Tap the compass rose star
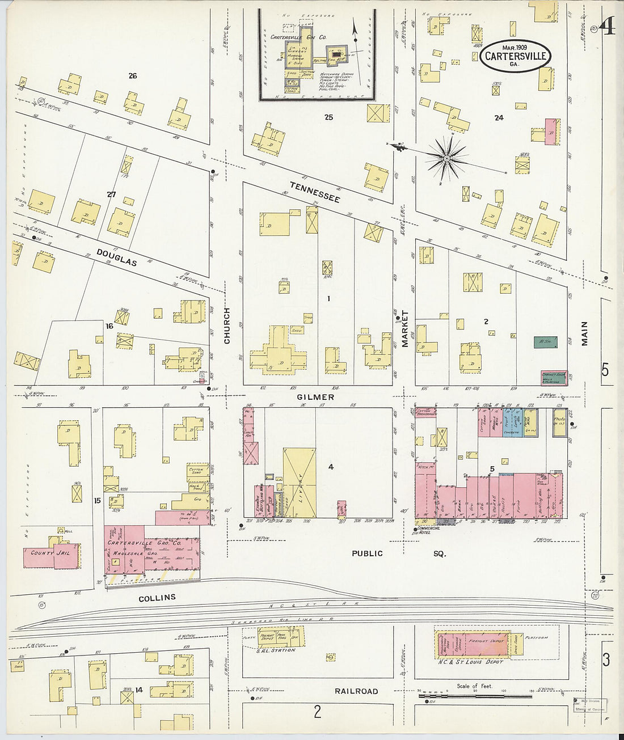(x=447, y=159)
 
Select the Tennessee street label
(x=314, y=192)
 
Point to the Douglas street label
(x=116, y=257)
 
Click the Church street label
(x=227, y=326)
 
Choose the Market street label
(x=405, y=329)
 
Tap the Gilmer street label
(x=315, y=398)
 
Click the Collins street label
(x=157, y=597)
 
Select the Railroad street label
(x=356, y=691)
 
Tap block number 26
(x=133, y=76)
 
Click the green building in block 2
(x=545, y=342)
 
